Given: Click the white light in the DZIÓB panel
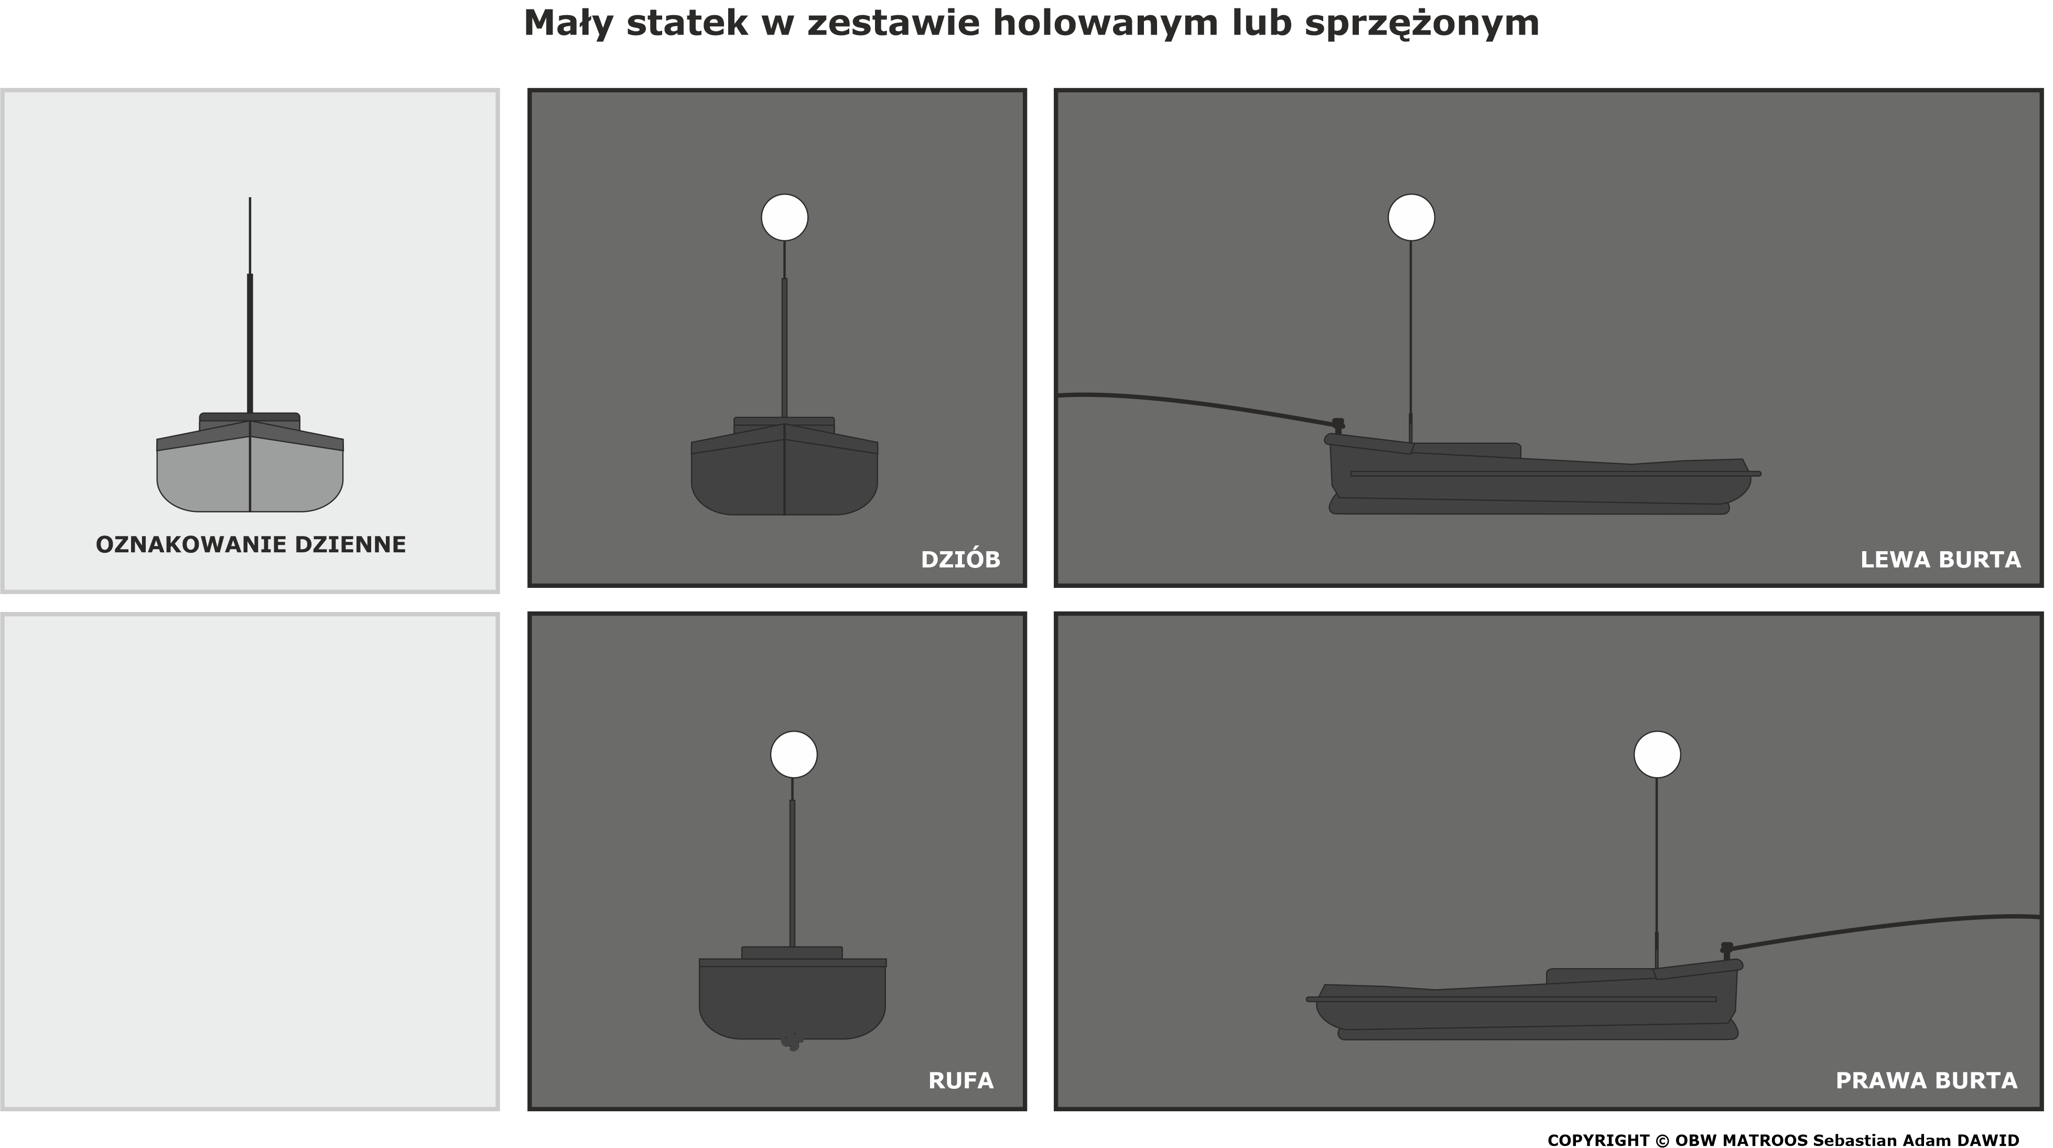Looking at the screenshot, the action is [784, 218].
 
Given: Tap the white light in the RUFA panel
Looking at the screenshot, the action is [794, 754].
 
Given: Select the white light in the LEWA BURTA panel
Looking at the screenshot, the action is [1411, 218].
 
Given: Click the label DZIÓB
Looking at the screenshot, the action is [960, 560].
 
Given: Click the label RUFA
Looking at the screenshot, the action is [961, 1081].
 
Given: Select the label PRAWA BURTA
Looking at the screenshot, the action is [1926, 1081].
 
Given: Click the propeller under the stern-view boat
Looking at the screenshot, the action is [792, 1041].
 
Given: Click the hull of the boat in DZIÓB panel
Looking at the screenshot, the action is [784, 483].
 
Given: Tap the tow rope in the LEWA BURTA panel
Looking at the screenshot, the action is [1195, 403].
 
